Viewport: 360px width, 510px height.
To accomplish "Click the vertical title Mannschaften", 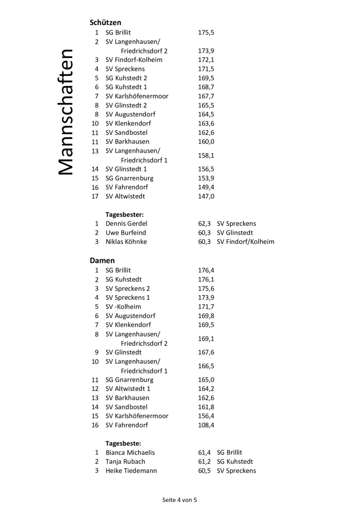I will pyautogui.click(x=66, y=112).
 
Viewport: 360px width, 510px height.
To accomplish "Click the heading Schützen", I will pyautogui.click(x=105, y=22).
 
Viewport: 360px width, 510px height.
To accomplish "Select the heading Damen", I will pyautogui.click(x=102, y=260).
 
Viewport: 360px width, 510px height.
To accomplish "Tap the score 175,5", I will pyautogui.click(x=206, y=33).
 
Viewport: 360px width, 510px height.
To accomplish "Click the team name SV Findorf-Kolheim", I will pyautogui.click(x=134, y=60).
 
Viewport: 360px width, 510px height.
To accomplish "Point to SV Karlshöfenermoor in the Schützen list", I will pyautogui.click(x=137, y=96).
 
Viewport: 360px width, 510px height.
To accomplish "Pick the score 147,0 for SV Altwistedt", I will pyautogui.click(x=206, y=196).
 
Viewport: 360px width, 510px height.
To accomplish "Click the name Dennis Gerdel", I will pyautogui.click(x=126, y=224).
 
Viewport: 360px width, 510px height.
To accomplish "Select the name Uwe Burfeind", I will pyautogui.click(x=126, y=233).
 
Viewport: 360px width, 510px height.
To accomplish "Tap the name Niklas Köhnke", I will pyautogui.click(x=126, y=242).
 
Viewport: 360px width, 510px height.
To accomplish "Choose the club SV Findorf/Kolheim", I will pyautogui.click(x=245, y=242).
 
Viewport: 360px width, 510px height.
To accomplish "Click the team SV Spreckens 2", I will pyautogui.click(x=127, y=289).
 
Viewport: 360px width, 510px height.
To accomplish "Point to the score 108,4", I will pyautogui.click(x=206, y=425).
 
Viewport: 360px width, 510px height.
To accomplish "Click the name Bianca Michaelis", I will pyautogui.click(x=130, y=452).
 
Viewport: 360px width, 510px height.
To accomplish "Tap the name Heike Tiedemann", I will pyautogui.click(x=131, y=471).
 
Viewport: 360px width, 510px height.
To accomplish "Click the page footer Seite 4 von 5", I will pyautogui.click(x=180, y=500).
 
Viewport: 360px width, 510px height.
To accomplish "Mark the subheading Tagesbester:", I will pyautogui.click(x=124, y=214).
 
